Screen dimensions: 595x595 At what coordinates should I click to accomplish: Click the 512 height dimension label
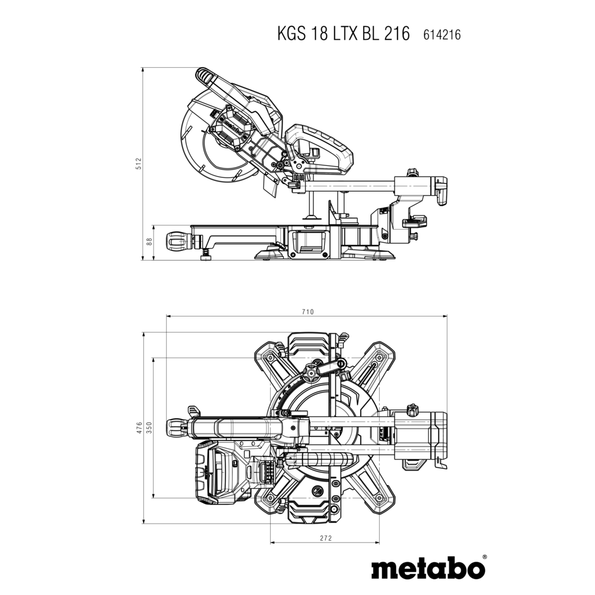[x=139, y=164]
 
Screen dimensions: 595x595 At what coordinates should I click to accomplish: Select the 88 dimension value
[x=149, y=242]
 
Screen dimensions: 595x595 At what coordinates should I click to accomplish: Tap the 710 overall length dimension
[x=308, y=312]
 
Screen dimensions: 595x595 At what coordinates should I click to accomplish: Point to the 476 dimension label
[x=139, y=428]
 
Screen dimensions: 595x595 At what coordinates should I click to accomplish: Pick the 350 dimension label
[x=149, y=428]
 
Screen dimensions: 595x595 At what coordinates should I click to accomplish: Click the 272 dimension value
[x=325, y=538]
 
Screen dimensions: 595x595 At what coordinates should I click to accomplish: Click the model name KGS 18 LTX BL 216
[x=343, y=34]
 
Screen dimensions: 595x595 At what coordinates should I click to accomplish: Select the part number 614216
[x=441, y=35]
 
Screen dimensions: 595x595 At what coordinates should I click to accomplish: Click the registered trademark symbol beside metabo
[x=484, y=558]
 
